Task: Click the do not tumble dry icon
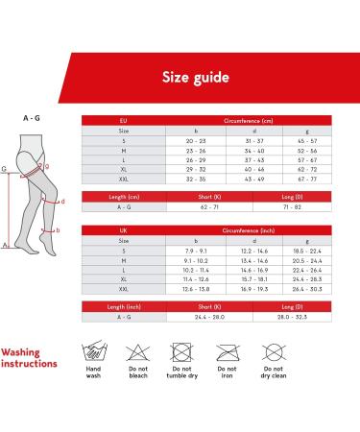(180, 351)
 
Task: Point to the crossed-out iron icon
(228, 351)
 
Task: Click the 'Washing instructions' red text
(30, 358)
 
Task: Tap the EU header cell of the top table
(123, 121)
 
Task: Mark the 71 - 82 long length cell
(292, 206)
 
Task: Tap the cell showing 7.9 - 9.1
(196, 251)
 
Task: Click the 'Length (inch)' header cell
(123, 308)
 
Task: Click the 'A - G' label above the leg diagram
(31, 118)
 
